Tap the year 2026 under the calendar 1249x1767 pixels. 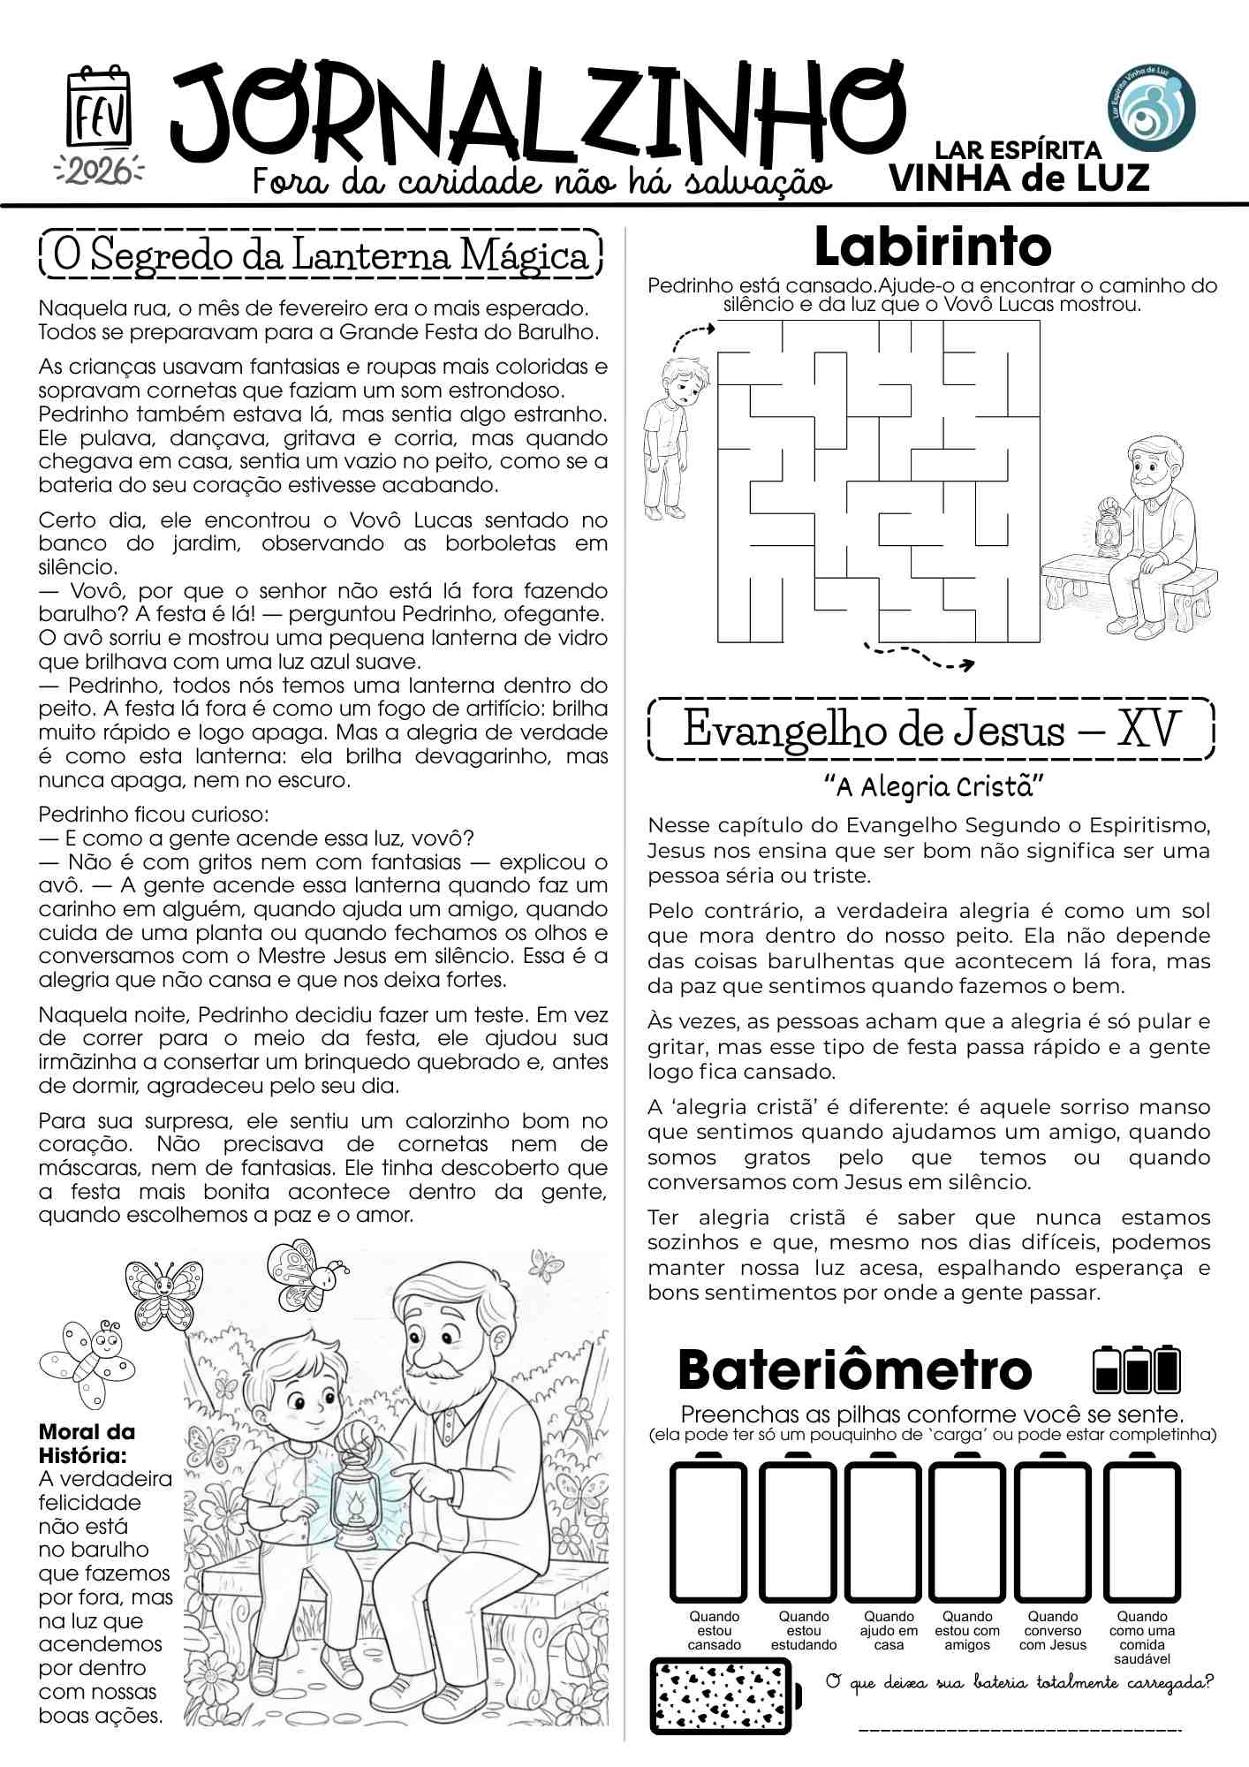point(99,170)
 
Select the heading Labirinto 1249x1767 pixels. point(932,247)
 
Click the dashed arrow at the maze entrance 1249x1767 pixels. point(693,337)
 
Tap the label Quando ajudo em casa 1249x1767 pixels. point(889,1630)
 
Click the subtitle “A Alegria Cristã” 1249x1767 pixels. point(934,785)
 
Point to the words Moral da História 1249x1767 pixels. point(87,1443)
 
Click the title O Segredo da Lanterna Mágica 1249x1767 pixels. point(321,256)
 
